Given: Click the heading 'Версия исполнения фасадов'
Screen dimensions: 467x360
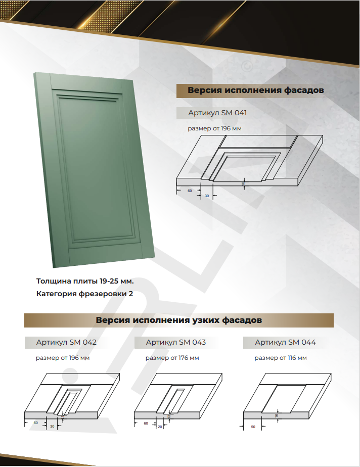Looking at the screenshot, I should [255, 91].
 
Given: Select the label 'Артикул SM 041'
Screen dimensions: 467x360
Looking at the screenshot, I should [217, 113].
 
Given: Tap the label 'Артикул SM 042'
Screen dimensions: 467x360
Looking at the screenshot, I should [66, 343].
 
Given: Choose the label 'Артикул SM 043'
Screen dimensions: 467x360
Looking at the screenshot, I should [175, 343].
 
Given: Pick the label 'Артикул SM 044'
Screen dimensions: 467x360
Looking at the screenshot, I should [285, 343].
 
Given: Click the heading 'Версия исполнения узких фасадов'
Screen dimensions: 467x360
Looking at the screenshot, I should [179, 320].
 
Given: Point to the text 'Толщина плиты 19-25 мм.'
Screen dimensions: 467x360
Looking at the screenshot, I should [85, 281].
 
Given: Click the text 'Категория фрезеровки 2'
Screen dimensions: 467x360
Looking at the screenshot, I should [84, 294].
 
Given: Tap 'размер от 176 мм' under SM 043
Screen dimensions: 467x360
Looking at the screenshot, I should [172, 358].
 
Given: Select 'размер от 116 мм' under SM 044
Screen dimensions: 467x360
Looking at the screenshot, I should [281, 358].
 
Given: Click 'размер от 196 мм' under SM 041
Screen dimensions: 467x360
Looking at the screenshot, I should [214, 129].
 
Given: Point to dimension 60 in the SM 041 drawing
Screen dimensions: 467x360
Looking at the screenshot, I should [190, 191].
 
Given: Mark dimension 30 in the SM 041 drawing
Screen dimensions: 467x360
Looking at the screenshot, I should [206, 196].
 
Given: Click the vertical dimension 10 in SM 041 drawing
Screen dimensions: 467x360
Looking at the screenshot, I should [243, 183].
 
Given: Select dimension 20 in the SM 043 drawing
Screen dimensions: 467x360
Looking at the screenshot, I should [160, 426].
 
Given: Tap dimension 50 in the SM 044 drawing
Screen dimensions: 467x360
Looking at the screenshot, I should [252, 427].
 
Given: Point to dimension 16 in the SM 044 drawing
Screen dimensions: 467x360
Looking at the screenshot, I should [277, 415].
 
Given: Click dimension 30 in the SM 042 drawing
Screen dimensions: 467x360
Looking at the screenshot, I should [52, 426].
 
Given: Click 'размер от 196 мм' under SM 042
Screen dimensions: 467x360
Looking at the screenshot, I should [63, 358].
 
